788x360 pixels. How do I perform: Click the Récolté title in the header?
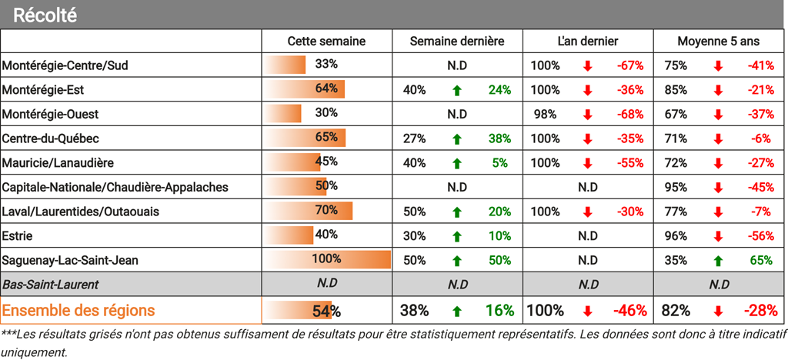pyautogui.click(x=45, y=15)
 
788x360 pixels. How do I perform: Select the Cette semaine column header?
pyautogui.click(x=326, y=42)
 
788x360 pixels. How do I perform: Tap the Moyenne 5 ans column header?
pyautogui.click(x=718, y=42)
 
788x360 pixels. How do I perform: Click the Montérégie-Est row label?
pyautogui.click(x=43, y=90)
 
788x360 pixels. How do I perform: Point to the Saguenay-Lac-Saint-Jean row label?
pyautogui.click(x=70, y=260)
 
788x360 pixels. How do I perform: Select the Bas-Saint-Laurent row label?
pyautogui.click(x=50, y=285)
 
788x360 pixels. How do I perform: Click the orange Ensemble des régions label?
pyautogui.click(x=78, y=311)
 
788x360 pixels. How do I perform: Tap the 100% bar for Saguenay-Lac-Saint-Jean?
pyautogui.click(x=326, y=260)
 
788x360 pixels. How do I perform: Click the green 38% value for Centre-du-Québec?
pyautogui.click(x=499, y=138)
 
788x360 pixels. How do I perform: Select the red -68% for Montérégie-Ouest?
pyautogui.click(x=629, y=115)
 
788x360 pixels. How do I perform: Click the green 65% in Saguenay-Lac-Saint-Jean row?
pyautogui.click(x=761, y=260)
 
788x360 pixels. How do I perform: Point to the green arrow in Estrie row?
pyautogui.click(x=456, y=235)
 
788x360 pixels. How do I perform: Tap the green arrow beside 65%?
pyautogui.click(x=718, y=260)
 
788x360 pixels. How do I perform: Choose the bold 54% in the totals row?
pyautogui.click(x=326, y=311)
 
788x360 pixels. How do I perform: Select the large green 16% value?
pyautogui.click(x=499, y=311)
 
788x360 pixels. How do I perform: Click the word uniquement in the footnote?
pyautogui.click(x=34, y=353)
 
